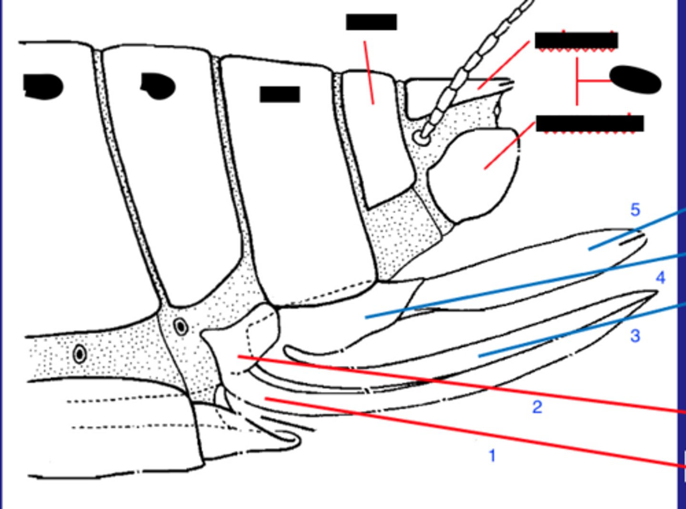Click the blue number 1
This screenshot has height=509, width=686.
click(492, 456)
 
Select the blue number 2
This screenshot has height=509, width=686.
click(537, 407)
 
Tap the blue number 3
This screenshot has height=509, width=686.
click(635, 336)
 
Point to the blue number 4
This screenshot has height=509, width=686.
click(660, 278)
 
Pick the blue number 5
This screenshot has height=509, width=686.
click(635, 210)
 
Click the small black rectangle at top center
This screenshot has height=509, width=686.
click(371, 22)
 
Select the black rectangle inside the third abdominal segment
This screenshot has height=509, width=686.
click(280, 94)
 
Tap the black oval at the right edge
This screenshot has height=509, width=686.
click(636, 80)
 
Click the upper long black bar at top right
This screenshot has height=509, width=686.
click(576, 41)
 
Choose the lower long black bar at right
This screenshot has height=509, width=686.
click(590, 123)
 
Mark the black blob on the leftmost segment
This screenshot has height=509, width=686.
click(43, 86)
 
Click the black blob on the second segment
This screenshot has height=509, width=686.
click(159, 86)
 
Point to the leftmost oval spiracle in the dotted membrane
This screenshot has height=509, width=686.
click(80, 354)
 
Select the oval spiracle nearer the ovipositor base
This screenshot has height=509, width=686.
click(181, 327)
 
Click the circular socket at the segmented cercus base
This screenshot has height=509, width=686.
click(421, 138)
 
